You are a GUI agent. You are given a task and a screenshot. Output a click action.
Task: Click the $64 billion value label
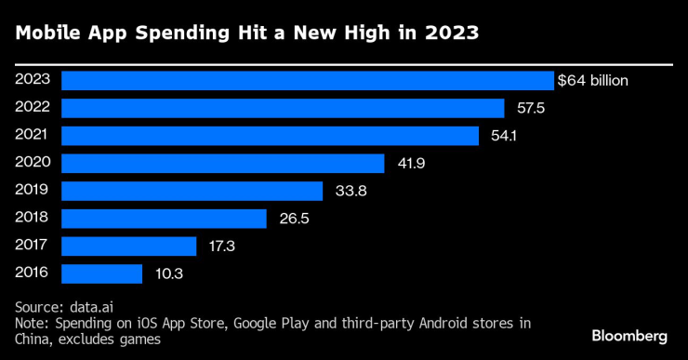592,81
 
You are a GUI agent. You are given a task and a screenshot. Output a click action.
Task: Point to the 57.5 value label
530,109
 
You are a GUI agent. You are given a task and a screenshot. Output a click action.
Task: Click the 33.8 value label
348,192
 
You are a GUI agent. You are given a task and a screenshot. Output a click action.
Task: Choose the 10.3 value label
167,274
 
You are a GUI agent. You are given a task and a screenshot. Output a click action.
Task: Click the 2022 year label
33,107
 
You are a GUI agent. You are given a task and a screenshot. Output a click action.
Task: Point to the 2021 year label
33,135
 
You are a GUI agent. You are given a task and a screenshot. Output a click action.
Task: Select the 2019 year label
33,190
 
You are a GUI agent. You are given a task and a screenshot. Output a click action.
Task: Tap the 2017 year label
33,246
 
